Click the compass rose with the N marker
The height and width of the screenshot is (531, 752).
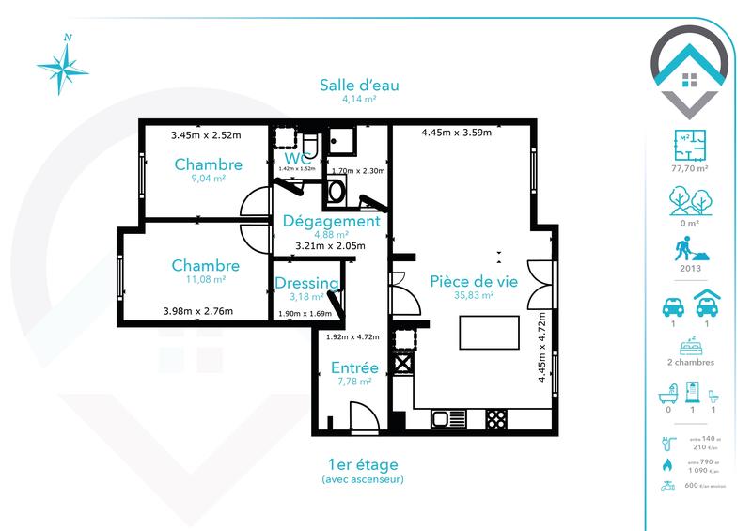pos(62,66)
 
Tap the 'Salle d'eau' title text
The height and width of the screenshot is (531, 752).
pos(358,86)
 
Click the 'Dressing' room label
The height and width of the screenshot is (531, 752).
pos(306,284)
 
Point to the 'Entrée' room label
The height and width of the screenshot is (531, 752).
pos(353,367)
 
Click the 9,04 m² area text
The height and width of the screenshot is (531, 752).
pos(208,178)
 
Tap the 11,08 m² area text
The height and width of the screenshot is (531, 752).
pos(205,279)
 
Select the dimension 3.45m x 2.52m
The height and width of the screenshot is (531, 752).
pos(206,135)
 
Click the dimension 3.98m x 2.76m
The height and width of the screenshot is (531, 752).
pos(197,311)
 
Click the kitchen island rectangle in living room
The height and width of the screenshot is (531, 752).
pos(489,333)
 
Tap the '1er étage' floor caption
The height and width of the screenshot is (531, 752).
pos(363,464)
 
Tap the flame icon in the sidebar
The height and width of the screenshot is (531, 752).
pos(667,463)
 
